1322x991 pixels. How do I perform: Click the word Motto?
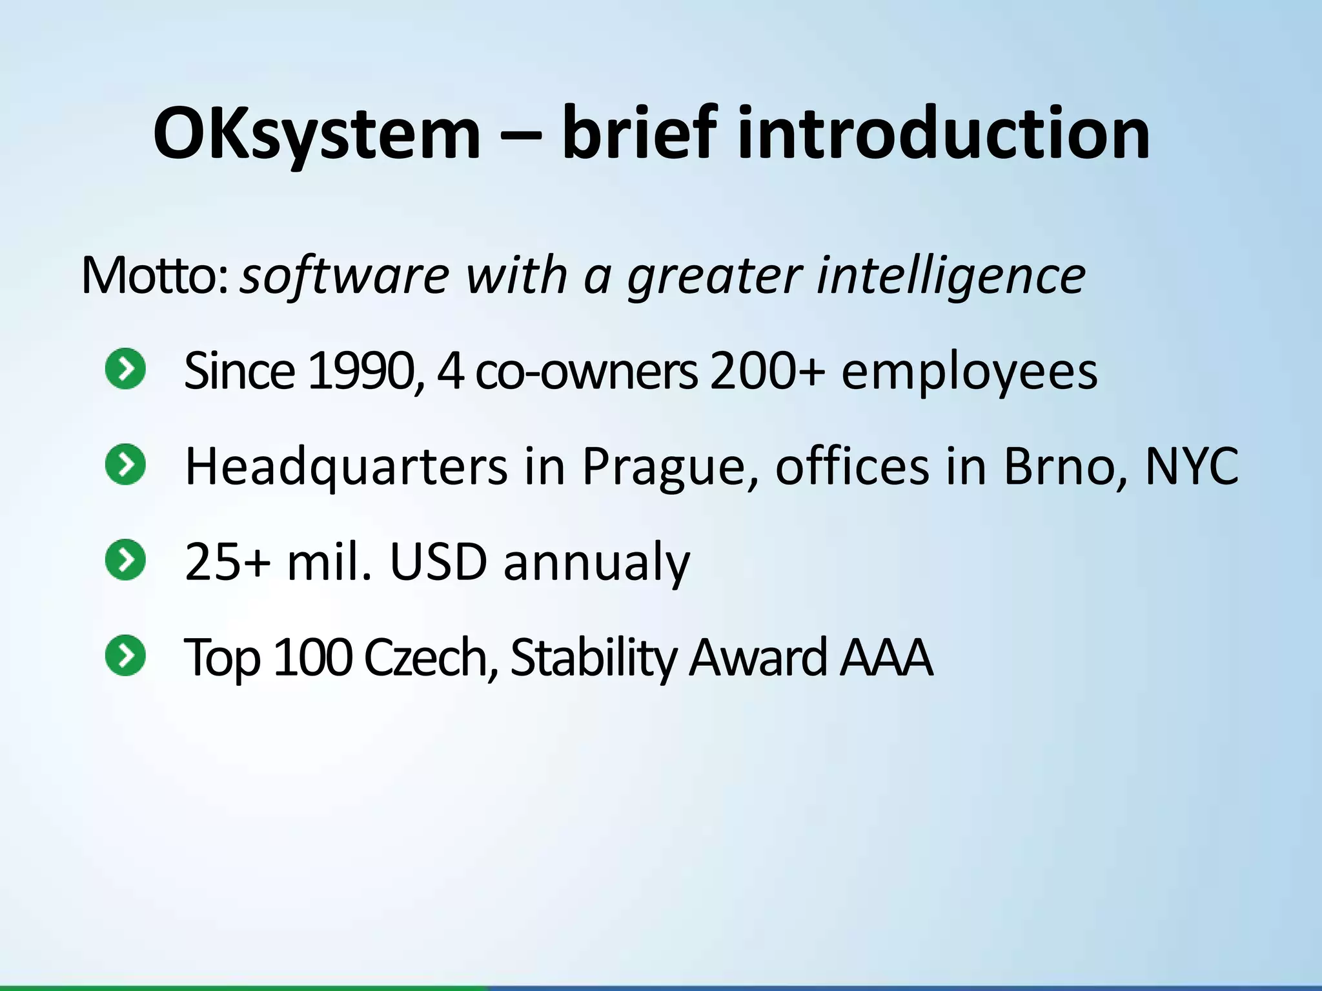[153, 276]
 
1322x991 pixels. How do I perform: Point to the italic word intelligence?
[951, 276]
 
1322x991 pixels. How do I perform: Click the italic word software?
[344, 276]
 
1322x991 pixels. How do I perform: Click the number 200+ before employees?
[767, 372]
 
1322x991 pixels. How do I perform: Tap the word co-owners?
[585, 372]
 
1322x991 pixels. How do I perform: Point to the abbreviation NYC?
[1191, 466]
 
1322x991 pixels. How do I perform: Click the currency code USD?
[438, 562]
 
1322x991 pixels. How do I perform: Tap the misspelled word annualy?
[596, 562]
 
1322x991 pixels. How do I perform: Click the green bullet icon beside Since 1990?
[125, 369]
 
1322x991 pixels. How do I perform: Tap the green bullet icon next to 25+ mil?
[125, 559]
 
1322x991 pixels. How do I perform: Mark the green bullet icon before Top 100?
[125, 655]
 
